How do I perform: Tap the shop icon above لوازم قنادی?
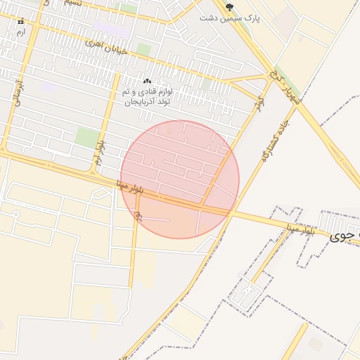[147, 82]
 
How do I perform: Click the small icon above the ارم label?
[20, 22]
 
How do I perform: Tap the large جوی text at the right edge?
[345, 236]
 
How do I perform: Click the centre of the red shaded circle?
[180, 179]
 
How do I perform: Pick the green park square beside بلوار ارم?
[88, 137]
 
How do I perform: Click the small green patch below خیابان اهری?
[143, 50]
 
